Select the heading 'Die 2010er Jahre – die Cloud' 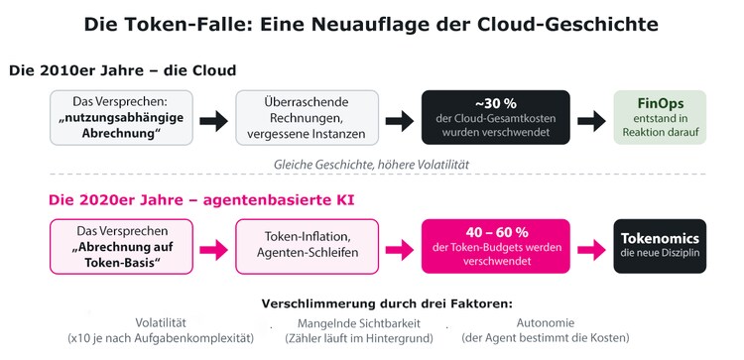pos(122,70)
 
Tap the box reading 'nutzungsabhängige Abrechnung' pos(121,118)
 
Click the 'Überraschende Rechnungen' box pos(307,118)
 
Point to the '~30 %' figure pos(495,103)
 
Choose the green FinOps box pos(660,117)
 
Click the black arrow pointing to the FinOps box pos(591,121)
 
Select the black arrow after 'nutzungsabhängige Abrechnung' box pos(214,121)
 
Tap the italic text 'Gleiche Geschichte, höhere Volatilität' pos(371,165)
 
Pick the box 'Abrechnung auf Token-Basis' pos(121,247)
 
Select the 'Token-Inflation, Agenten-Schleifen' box pos(307,247)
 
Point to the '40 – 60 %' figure pos(495,232)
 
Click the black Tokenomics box pos(660,246)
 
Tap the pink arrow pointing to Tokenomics pos(591,250)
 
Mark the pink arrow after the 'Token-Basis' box pos(214,250)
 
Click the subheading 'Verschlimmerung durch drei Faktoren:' pos(388,303)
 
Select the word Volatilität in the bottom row pos(161,323)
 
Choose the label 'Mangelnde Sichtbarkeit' pos(359,323)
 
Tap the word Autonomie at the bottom pos(546,323)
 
